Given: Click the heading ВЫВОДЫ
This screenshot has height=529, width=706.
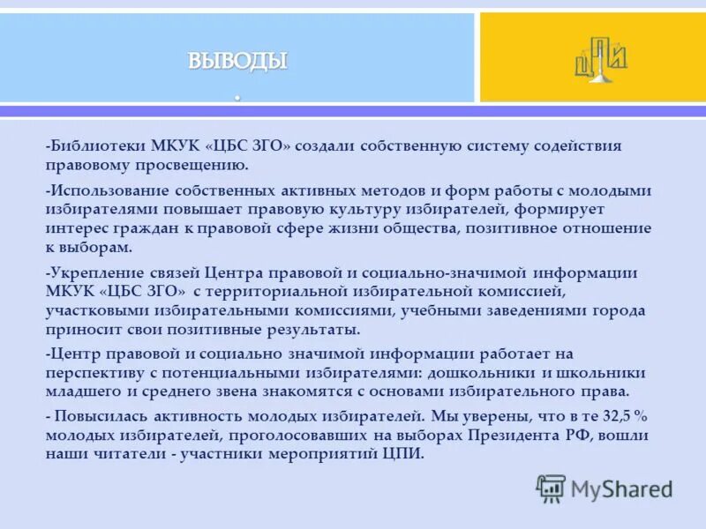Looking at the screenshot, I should tap(237, 61).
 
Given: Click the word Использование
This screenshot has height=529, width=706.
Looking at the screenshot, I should tap(107, 190).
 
